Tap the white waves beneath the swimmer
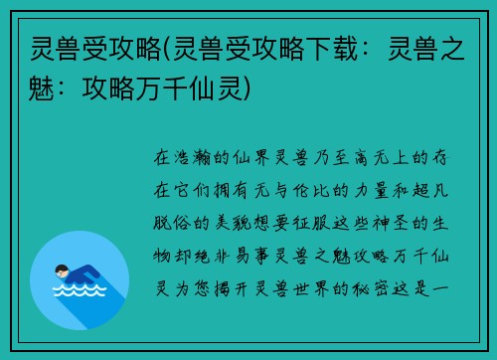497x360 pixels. (79, 292)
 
